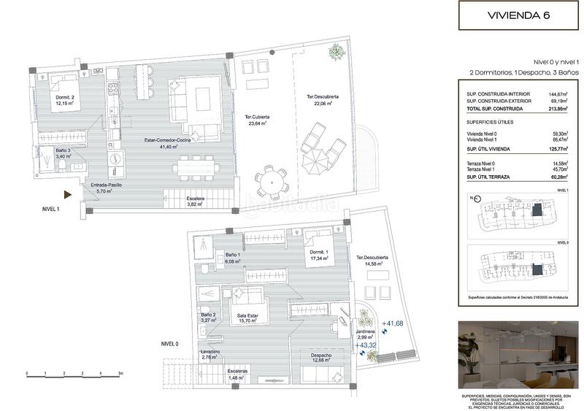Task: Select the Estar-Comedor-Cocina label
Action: [x=166, y=143]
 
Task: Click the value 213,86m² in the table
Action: [x=558, y=108]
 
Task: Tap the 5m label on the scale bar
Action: [x=120, y=373]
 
